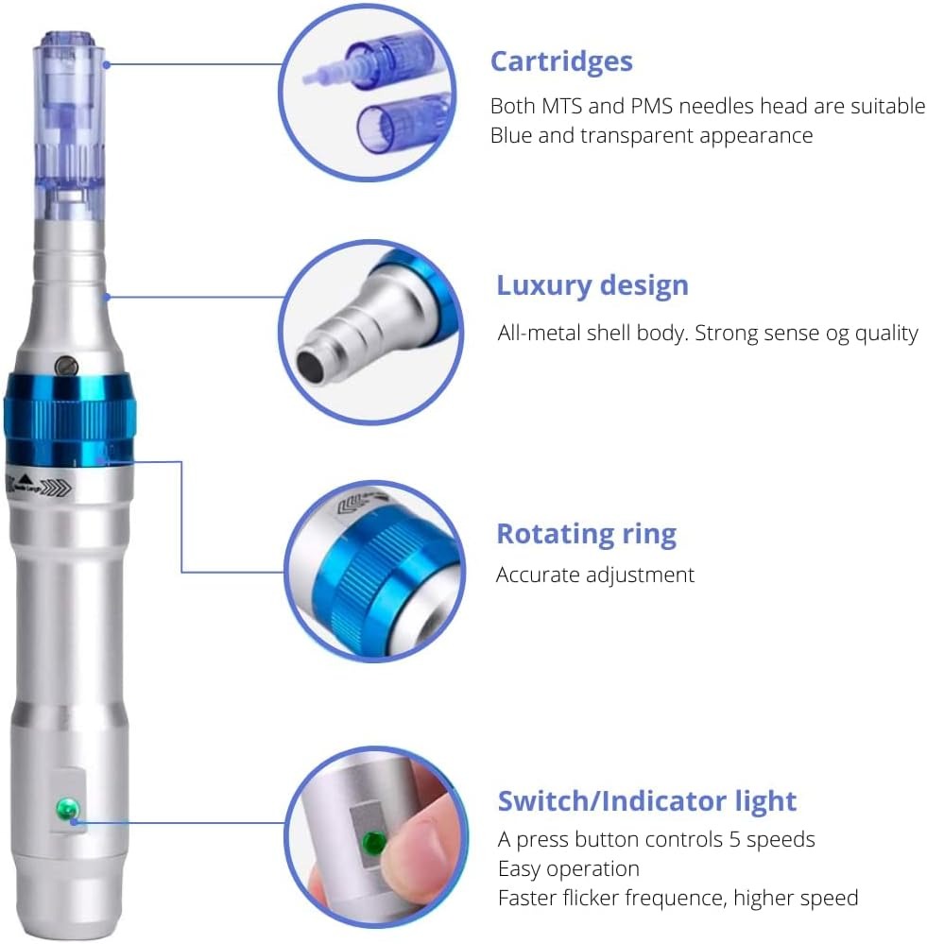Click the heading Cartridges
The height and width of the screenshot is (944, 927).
(561, 62)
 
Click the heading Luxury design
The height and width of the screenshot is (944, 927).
(592, 285)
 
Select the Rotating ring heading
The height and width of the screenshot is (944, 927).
(586, 534)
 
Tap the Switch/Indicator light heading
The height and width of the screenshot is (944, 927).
(647, 801)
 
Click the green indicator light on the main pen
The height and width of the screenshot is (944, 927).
(67, 809)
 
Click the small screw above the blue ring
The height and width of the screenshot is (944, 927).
(66, 366)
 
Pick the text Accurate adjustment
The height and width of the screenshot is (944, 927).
(594, 575)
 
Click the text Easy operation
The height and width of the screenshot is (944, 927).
(568, 869)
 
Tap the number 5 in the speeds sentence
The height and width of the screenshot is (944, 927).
(734, 840)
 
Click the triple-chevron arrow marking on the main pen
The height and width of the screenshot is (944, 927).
(58, 488)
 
